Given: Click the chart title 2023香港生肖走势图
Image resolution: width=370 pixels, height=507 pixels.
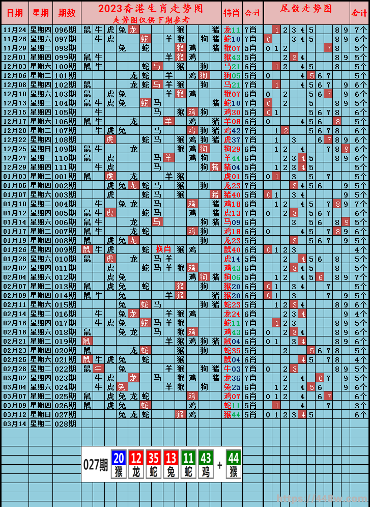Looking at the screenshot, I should pos(150,9).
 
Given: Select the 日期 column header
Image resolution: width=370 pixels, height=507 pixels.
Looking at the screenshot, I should pos(14,13).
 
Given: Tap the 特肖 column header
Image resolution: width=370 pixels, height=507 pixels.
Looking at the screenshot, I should pos(232,13).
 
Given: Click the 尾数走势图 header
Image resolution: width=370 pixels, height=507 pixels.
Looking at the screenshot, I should pos(306,9).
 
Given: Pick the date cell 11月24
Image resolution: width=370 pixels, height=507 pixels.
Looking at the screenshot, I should pos(14,30).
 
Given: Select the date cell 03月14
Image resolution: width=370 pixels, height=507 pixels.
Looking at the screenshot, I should pos(14,424).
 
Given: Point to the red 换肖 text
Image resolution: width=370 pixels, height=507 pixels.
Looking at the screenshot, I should pos(163,249).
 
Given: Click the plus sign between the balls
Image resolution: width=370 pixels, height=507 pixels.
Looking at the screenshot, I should pos(220,464).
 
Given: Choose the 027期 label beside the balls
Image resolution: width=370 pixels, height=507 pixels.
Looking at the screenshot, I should pos(95,464).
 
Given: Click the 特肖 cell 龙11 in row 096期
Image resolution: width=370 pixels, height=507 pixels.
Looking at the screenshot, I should pos(232,30).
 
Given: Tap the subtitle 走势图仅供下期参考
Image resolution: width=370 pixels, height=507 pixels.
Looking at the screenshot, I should pos(151,19).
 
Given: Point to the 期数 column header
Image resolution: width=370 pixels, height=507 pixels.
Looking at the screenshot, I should pos(67,13).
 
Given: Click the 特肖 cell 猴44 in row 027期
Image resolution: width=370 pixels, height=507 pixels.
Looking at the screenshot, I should pos(232,414).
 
